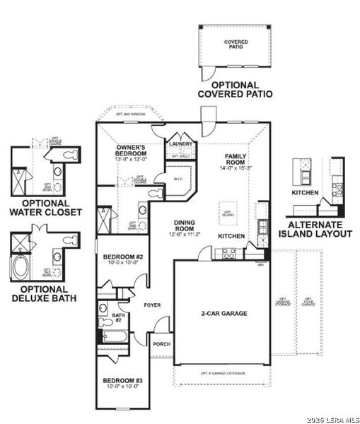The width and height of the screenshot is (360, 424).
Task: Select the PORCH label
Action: (162, 344)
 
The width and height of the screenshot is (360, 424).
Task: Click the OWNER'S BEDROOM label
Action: (131, 151)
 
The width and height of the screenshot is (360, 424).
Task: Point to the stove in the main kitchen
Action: (229, 253)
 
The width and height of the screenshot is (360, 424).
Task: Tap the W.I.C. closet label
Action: (178, 179)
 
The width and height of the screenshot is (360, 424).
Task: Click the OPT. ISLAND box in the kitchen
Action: (228, 213)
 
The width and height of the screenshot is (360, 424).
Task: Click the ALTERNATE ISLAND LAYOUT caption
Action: (315, 228)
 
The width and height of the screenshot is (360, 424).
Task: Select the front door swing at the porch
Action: (162, 325)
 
